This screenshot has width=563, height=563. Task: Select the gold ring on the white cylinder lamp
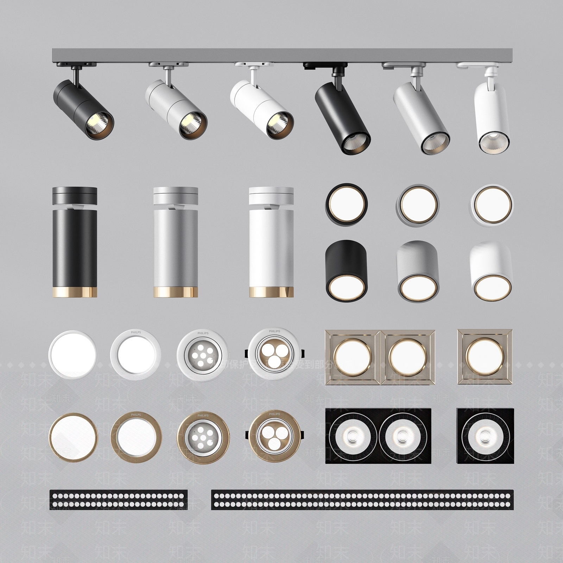click(271, 292)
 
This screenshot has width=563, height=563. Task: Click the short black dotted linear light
click(119, 499)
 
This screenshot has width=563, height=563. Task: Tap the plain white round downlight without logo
click(72, 354)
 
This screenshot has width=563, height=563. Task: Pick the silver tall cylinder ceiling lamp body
click(176, 246)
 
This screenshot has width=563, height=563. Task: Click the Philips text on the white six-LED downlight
click(203, 333)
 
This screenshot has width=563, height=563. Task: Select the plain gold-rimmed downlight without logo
click(74, 437)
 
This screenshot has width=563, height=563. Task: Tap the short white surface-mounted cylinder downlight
click(491, 271)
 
